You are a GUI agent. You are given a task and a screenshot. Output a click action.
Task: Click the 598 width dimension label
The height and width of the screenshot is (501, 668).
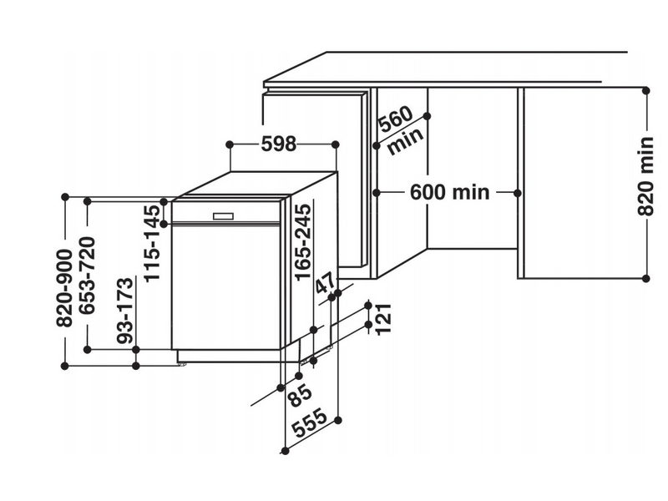(x=278, y=144)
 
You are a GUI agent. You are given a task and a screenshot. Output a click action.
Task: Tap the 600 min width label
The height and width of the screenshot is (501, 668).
(x=449, y=193)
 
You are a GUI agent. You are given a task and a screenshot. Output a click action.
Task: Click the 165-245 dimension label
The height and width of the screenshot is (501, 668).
(x=302, y=240)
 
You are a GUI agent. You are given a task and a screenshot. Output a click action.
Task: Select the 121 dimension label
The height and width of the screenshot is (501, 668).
(x=383, y=318)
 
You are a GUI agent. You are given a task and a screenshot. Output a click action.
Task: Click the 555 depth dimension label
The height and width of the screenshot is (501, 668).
(x=309, y=427)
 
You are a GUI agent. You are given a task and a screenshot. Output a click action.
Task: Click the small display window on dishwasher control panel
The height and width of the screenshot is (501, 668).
(x=225, y=214)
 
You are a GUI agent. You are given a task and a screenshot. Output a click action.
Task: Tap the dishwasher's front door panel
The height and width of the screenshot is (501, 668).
(x=225, y=288)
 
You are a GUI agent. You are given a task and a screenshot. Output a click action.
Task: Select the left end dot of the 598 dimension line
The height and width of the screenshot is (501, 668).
(x=230, y=144)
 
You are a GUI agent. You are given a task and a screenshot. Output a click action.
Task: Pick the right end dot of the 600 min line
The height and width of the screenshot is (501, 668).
(x=518, y=193)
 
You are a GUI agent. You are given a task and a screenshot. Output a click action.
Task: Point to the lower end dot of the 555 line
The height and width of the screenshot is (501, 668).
(x=284, y=451)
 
